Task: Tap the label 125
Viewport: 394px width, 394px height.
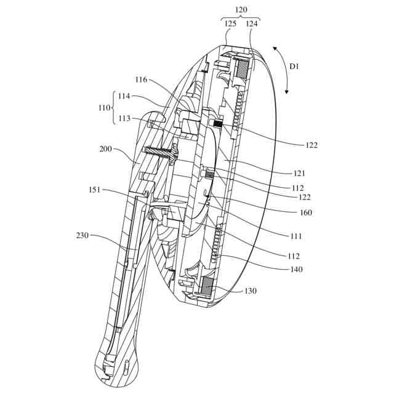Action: [x=230, y=24]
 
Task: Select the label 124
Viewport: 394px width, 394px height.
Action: [x=252, y=24]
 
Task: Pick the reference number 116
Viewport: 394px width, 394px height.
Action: [x=140, y=79]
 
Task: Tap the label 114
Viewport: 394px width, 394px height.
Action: [x=124, y=96]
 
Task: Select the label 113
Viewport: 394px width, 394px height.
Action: [x=124, y=119]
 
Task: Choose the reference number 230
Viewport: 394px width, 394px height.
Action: [x=84, y=235]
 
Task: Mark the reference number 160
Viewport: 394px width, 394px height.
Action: [x=306, y=212]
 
